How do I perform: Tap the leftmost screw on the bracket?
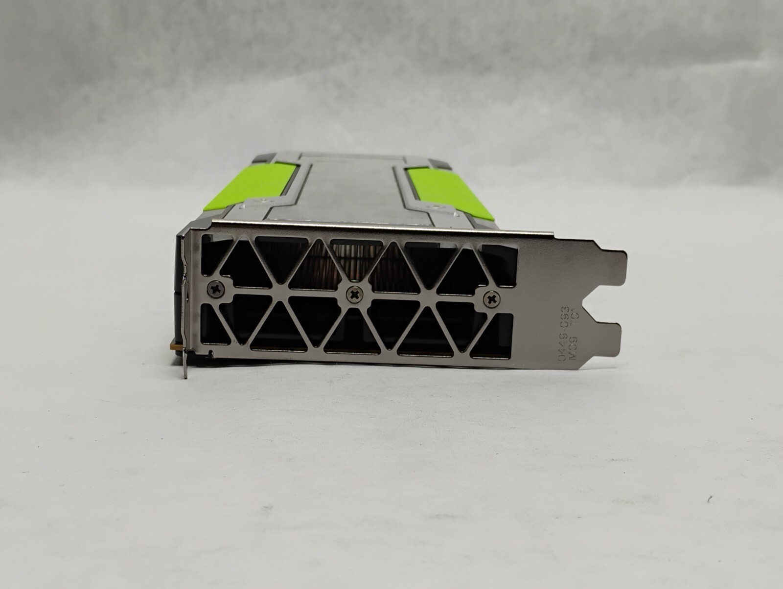(216, 290)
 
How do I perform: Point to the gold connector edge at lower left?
(174, 346)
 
